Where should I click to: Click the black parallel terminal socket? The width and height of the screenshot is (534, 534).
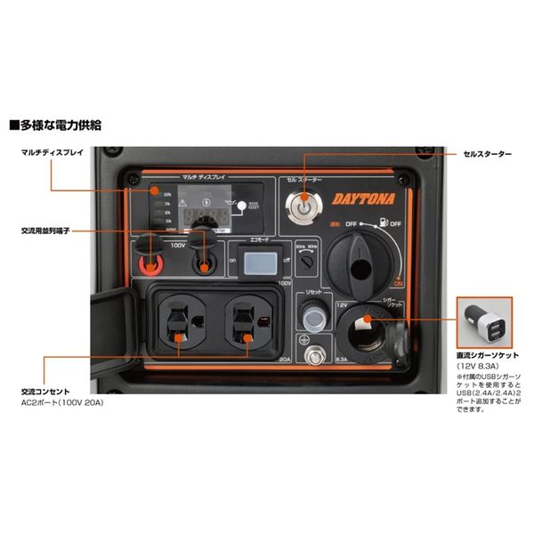coord(206,264)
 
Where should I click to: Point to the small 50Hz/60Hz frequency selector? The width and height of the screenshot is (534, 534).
coord(307,263)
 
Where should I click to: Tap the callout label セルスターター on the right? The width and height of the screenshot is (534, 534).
coord(487,154)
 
